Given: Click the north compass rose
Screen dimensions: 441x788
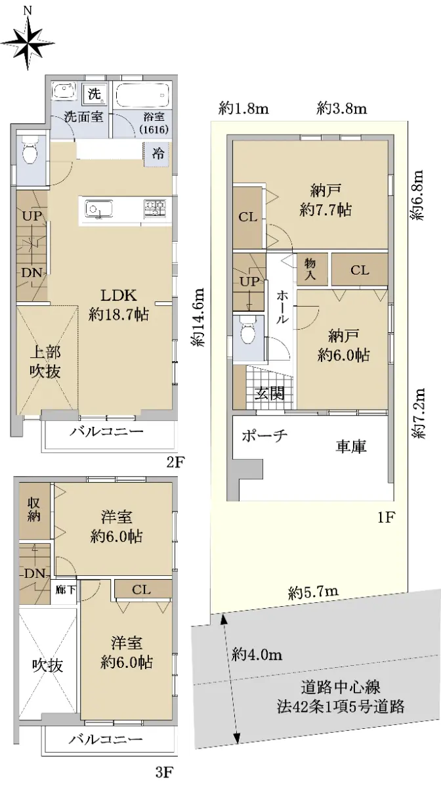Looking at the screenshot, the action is [28, 42].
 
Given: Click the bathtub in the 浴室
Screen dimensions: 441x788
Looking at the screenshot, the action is [142, 95].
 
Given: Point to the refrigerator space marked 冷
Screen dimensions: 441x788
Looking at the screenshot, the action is [158, 153].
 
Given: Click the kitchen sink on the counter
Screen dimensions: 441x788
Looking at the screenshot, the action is [99, 209].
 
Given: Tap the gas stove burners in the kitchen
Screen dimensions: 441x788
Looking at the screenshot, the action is [155, 209].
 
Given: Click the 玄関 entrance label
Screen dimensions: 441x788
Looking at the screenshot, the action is [269, 393].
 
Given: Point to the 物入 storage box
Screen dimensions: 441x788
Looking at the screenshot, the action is [310, 269].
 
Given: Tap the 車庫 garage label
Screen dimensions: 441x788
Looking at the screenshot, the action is [350, 446].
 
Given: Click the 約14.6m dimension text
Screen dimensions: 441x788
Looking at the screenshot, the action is [198, 317].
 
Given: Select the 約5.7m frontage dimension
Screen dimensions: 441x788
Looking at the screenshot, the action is [313, 592].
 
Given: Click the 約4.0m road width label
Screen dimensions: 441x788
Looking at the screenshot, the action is [257, 655].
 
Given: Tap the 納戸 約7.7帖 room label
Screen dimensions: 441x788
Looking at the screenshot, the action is [325, 200].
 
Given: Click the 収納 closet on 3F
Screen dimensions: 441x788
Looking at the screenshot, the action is [34, 510].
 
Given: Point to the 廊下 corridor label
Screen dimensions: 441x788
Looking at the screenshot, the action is [66, 589].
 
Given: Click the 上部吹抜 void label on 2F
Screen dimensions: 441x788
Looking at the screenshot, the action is [45, 362].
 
